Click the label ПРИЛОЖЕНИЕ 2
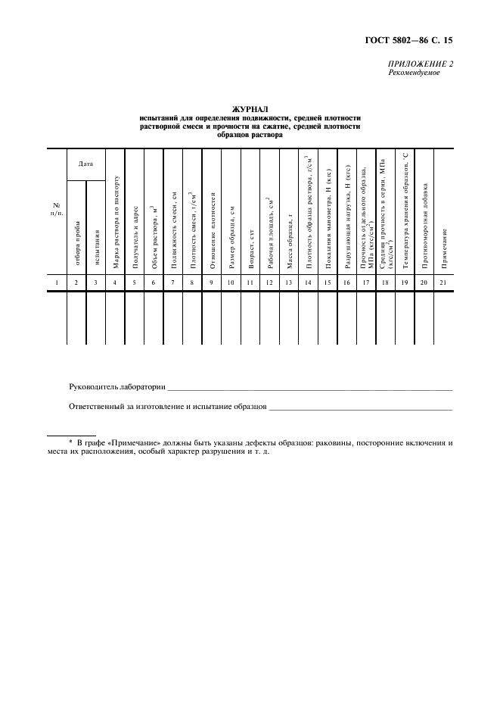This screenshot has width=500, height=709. pos(421,64)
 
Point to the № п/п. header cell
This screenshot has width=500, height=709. pos(56,209)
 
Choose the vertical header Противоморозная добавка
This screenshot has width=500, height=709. pos(424,225)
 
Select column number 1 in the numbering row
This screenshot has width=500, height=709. pos(56,283)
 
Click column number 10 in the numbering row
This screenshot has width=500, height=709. pos(231,283)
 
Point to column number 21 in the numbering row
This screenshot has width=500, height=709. pos(444,283)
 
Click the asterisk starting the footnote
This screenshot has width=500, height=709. pos(70,441)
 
